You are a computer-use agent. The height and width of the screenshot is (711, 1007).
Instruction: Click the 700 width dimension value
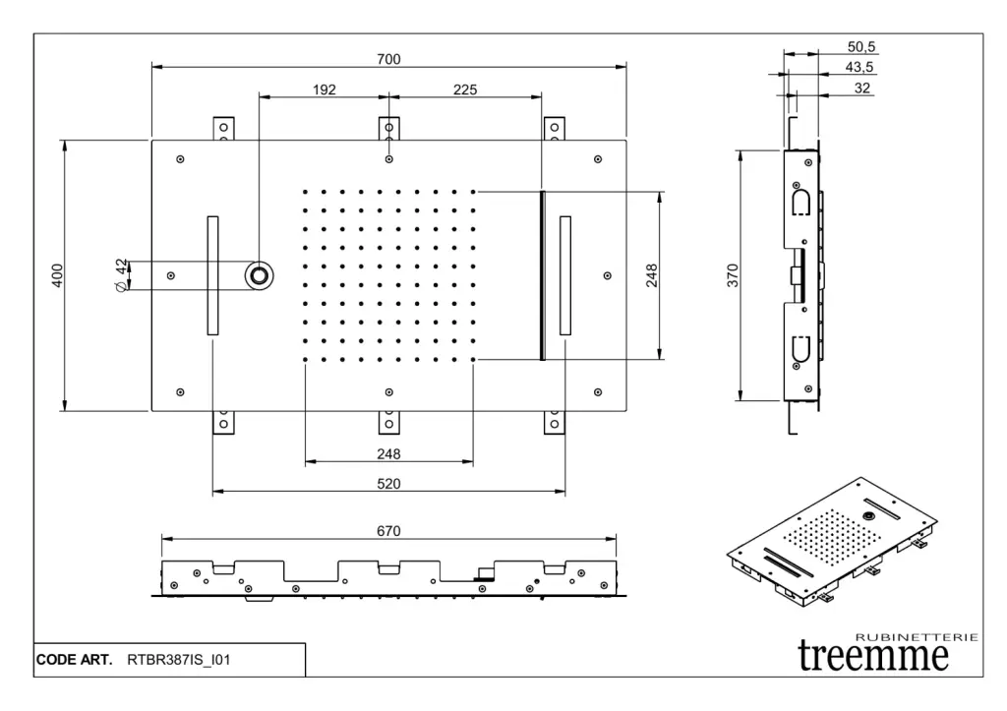[x=388, y=59]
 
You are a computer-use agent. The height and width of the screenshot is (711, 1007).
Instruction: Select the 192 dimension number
[x=325, y=89]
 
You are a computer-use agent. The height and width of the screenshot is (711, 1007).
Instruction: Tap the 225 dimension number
[x=465, y=89]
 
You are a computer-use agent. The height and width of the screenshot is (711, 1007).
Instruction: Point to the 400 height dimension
[x=57, y=276]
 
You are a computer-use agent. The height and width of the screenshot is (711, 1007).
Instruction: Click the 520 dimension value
[x=388, y=484]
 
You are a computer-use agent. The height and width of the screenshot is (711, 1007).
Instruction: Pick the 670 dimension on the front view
[x=388, y=531]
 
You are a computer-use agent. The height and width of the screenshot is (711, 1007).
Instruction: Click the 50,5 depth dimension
[x=860, y=46]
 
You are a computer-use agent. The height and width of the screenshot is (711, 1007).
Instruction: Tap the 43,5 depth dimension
[x=860, y=67]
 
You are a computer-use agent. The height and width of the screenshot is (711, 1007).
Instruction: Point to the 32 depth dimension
[x=862, y=88]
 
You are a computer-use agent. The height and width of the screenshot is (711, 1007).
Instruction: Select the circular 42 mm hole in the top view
[x=260, y=275]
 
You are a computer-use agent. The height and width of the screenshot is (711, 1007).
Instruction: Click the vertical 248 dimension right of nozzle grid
[x=652, y=276]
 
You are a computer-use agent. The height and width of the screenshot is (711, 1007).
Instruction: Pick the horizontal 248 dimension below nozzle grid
[x=388, y=454]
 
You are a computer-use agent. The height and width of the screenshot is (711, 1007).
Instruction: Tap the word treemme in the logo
[x=873, y=655]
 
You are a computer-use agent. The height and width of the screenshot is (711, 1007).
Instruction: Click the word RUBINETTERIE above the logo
[x=917, y=637]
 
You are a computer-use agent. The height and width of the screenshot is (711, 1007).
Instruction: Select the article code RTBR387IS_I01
[x=178, y=660]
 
